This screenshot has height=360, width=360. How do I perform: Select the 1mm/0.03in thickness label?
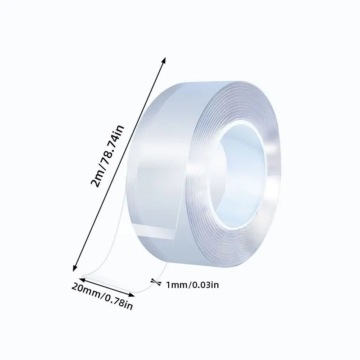193,284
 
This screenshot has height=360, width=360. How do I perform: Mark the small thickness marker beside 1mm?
157,283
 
